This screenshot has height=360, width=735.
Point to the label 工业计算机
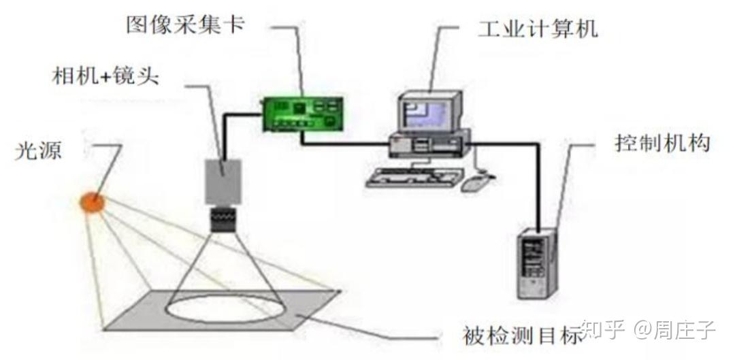pyautogui.click(x=537, y=29)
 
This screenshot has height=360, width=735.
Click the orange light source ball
pyautogui.click(x=92, y=201)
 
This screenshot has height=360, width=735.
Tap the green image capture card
pyautogui.click(x=304, y=112)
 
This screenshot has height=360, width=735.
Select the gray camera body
pyautogui.click(x=224, y=180)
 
